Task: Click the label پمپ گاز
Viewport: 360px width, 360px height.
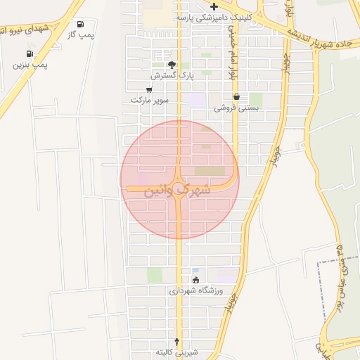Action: click(x=81, y=34)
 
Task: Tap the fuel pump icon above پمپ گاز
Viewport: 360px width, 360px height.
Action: click(x=80, y=24)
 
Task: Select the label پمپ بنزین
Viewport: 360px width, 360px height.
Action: click(x=30, y=64)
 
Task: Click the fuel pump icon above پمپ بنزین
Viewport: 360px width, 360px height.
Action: click(x=30, y=53)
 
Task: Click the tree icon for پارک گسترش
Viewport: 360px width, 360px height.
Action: click(x=172, y=64)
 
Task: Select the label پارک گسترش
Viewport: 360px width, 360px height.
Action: click(x=171, y=74)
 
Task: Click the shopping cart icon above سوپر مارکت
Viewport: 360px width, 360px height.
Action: click(x=149, y=89)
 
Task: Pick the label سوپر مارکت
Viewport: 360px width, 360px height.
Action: click(x=149, y=100)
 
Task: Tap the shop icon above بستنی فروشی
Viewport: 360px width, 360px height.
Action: click(x=236, y=97)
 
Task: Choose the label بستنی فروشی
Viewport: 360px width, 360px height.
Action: click(x=236, y=108)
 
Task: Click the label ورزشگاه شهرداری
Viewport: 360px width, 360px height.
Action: click(x=196, y=290)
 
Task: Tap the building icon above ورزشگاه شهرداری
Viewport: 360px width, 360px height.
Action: click(x=195, y=280)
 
